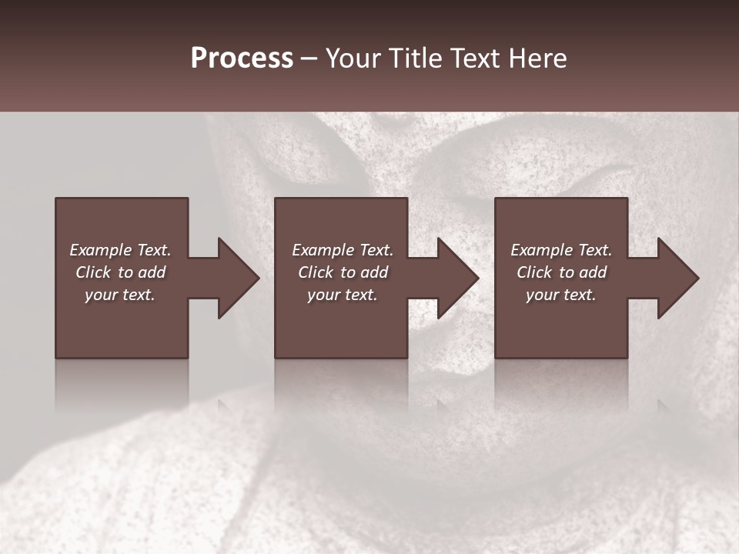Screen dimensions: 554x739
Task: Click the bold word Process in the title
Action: [242, 58]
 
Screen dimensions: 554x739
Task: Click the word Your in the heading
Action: [355, 58]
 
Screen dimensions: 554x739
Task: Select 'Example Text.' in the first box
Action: [120, 250]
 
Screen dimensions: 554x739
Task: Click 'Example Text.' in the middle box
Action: [343, 250]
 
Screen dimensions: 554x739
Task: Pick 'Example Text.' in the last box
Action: [561, 250]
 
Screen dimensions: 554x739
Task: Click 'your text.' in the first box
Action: [120, 295]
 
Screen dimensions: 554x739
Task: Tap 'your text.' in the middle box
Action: [343, 295]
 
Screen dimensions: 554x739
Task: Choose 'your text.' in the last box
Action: [561, 295]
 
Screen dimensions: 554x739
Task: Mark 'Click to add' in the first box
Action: [120, 272]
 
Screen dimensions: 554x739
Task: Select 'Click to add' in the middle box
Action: [343, 272]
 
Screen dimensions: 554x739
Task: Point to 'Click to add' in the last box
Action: [561, 272]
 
